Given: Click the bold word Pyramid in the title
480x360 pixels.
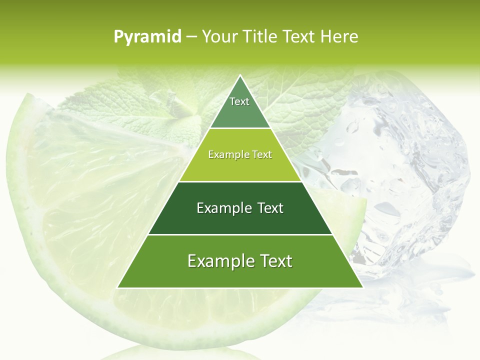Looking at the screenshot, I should tap(147, 37).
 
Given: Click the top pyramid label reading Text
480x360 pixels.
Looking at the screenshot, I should tap(239, 101).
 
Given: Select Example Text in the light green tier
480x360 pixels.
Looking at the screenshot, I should tap(240, 155).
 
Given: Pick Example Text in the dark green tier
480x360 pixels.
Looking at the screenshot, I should tap(240, 208).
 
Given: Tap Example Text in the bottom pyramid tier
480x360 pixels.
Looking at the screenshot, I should tap(240, 261).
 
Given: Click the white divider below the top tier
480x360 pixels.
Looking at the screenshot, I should tap(240, 128).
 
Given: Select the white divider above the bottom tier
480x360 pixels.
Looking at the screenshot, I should tap(240, 234).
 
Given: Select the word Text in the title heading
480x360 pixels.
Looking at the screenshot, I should tap(299, 36).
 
